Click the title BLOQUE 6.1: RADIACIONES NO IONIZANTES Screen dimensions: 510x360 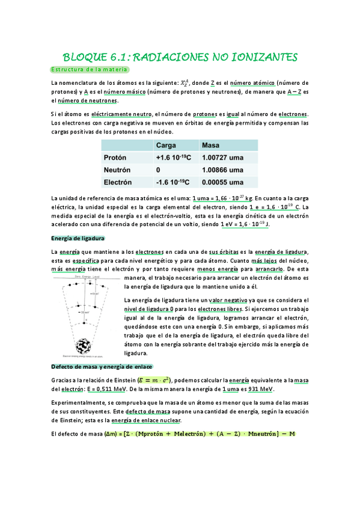180,57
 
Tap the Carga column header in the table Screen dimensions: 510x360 166,146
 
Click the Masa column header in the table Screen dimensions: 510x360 212,146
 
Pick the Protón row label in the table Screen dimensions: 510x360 116,158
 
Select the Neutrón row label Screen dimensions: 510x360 118,170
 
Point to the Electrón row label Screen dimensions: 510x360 120,182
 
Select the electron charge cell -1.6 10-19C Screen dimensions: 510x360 173,182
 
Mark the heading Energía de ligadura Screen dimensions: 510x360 78,238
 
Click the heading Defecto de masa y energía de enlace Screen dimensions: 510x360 102,366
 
